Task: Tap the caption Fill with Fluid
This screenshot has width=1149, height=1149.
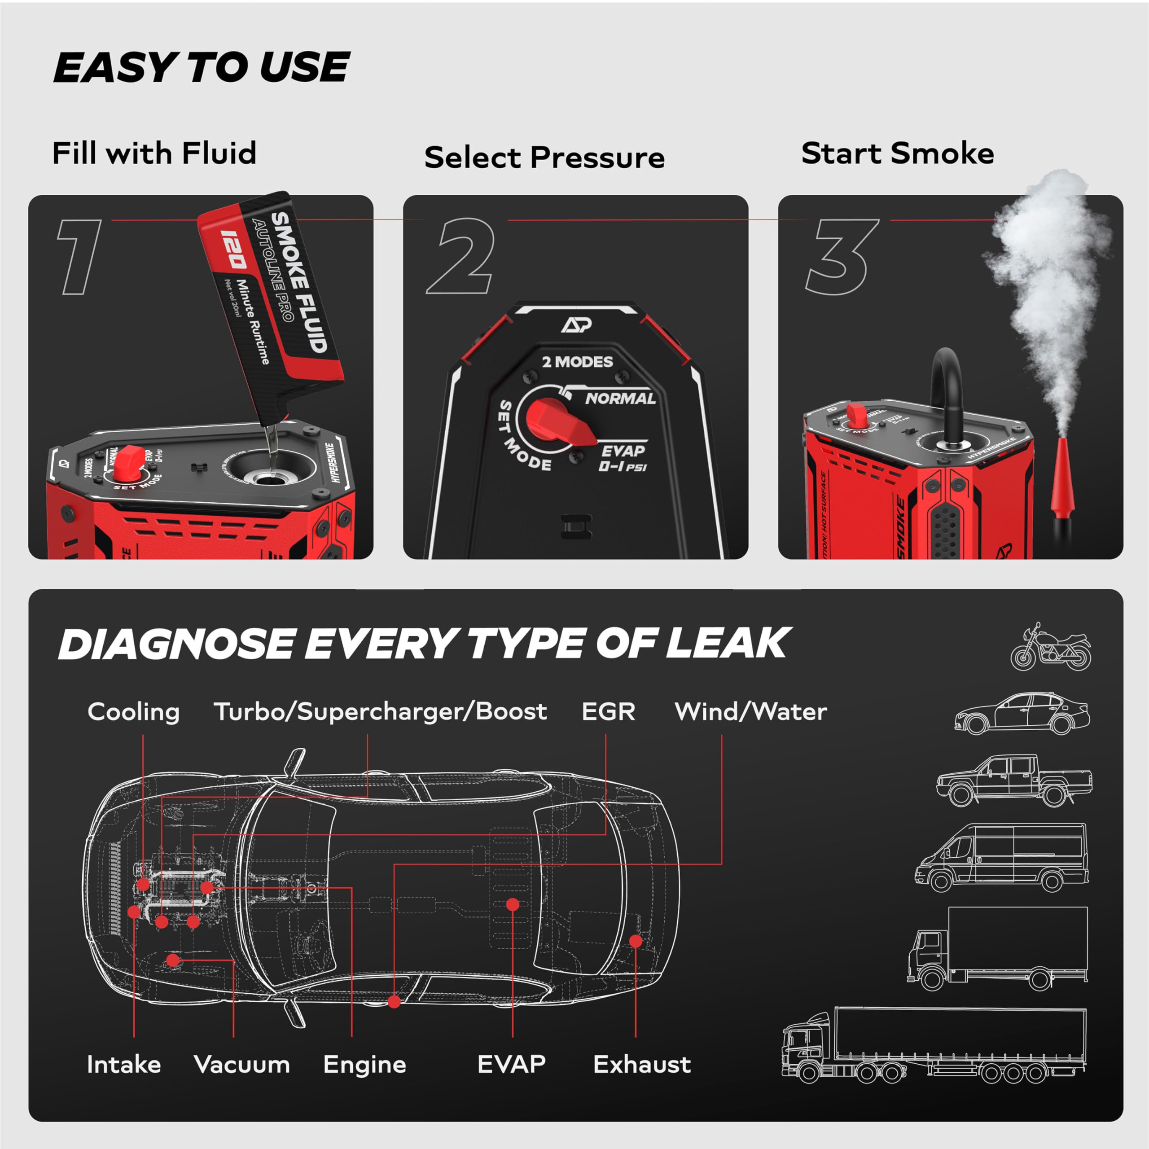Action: [x=154, y=153]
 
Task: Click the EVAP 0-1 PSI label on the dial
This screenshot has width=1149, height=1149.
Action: [x=623, y=458]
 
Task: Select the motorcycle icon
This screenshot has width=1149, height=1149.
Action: [x=1051, y=648]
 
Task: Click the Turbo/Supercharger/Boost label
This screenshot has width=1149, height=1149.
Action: [x=380, y=711]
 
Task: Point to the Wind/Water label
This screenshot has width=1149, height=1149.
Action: [x=750, y=711]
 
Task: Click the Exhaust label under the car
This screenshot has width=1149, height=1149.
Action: [x=642, y=1065]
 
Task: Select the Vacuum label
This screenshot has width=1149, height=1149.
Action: [x=242, y=1065]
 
